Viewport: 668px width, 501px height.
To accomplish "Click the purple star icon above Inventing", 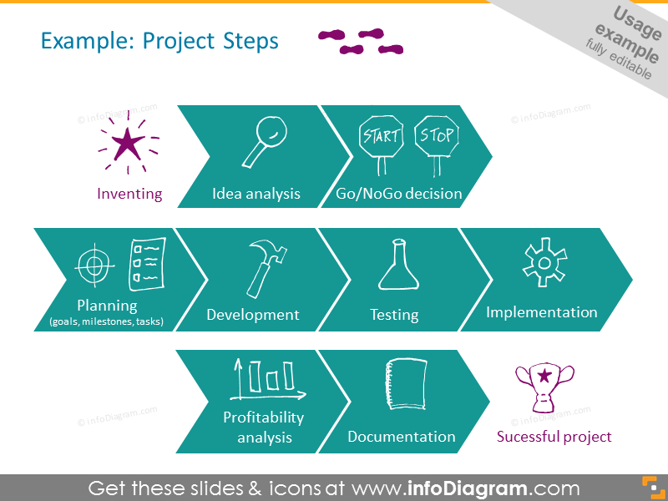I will (x=127, y=144).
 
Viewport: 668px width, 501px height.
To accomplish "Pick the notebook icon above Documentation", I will (x=405, y=385).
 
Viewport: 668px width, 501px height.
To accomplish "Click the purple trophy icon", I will (x=546, y=387).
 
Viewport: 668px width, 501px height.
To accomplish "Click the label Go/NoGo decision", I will (x=399, y=194).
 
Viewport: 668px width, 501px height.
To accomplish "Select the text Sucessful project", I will (x=554, y=437).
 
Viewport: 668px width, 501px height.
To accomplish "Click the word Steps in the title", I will (x=251, y=41).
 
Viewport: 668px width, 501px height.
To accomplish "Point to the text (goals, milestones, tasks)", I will (x=107, y=321).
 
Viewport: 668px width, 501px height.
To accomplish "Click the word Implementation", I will (x=542, y=312).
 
